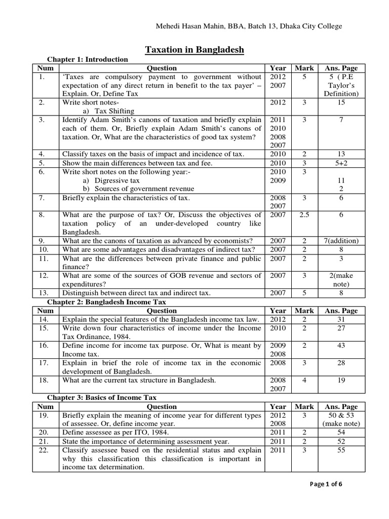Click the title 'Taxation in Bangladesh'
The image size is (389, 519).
point(194,50)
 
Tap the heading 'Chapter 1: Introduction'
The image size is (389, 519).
point(88,59)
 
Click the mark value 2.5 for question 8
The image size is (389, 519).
point(304,215)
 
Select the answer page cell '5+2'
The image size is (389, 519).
point(341,163)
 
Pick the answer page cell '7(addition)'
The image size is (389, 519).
point(341,240)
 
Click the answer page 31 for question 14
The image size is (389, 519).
point(341,319)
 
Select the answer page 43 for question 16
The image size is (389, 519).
point(341,346)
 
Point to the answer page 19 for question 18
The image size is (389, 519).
point(341,380)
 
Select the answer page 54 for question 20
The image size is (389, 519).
point(341,433)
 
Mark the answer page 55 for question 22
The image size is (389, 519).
point(341,450)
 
